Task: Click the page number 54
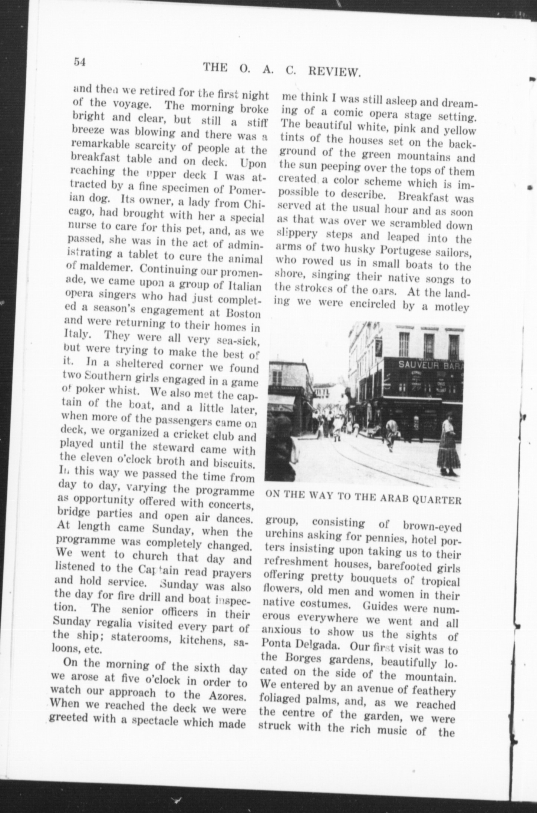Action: [x=80, y=62]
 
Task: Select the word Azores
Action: [x=227, y=695]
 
